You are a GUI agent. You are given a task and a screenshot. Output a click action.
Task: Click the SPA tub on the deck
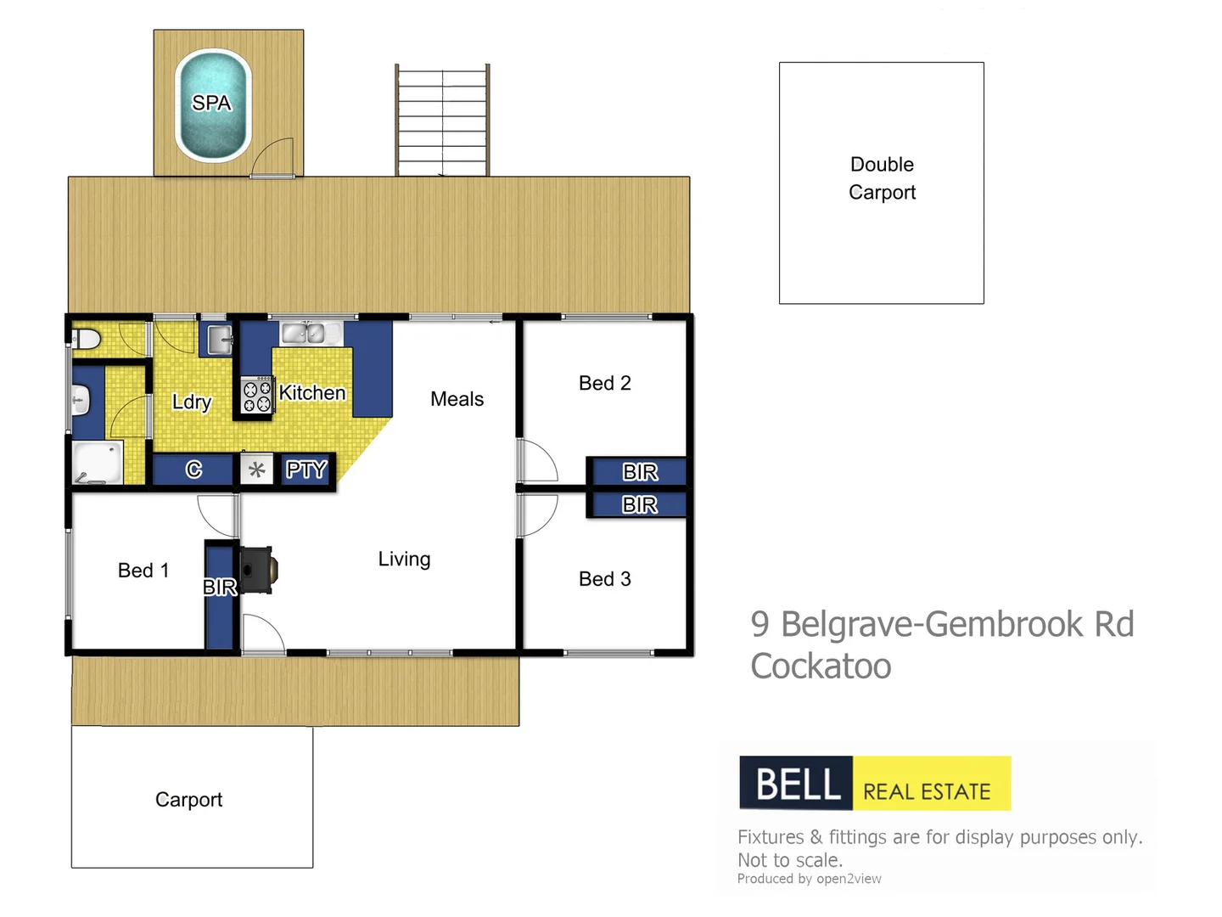[212, 105]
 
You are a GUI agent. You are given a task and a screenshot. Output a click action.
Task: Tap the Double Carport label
[882, 178]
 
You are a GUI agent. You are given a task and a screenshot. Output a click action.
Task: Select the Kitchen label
[312, 392]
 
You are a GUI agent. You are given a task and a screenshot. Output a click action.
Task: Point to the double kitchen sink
[304, 333]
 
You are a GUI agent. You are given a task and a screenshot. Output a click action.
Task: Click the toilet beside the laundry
[87, 340]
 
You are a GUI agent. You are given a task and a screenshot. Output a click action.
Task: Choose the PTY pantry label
[305, 470]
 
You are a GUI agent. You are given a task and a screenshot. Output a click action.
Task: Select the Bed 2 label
[604, 383]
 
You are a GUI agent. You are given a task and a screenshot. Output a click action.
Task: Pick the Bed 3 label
[604, 579]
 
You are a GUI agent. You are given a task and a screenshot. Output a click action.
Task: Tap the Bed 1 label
[143, 571]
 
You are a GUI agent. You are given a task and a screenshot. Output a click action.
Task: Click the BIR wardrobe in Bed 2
[639, 472]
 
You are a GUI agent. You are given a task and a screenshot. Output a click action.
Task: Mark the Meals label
[457, 399]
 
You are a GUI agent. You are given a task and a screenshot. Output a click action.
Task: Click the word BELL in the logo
[797, 783]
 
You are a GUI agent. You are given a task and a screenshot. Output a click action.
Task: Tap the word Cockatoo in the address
[821, 667]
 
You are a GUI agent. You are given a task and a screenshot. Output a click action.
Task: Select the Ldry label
[191, 402]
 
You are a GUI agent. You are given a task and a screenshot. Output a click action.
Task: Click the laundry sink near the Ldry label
[217, 340]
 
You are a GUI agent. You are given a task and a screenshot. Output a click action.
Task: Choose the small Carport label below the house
[188, 800]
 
